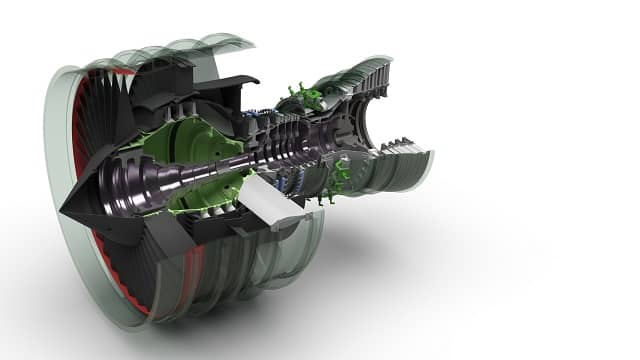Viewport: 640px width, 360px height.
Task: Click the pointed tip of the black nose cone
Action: click(x=63, y=207)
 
